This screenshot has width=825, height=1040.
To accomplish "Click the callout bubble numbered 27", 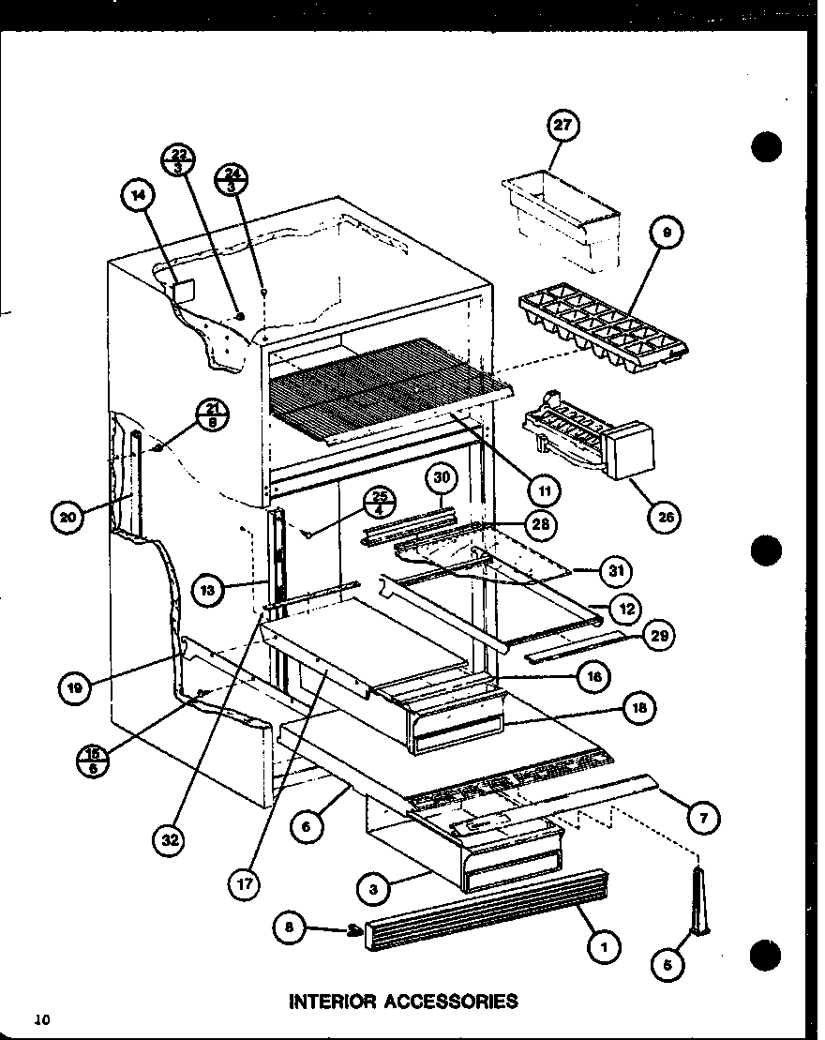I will point(565,127).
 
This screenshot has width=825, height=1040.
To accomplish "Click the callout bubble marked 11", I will point(542,489).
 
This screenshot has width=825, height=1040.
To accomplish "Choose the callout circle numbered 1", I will point(604,949).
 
